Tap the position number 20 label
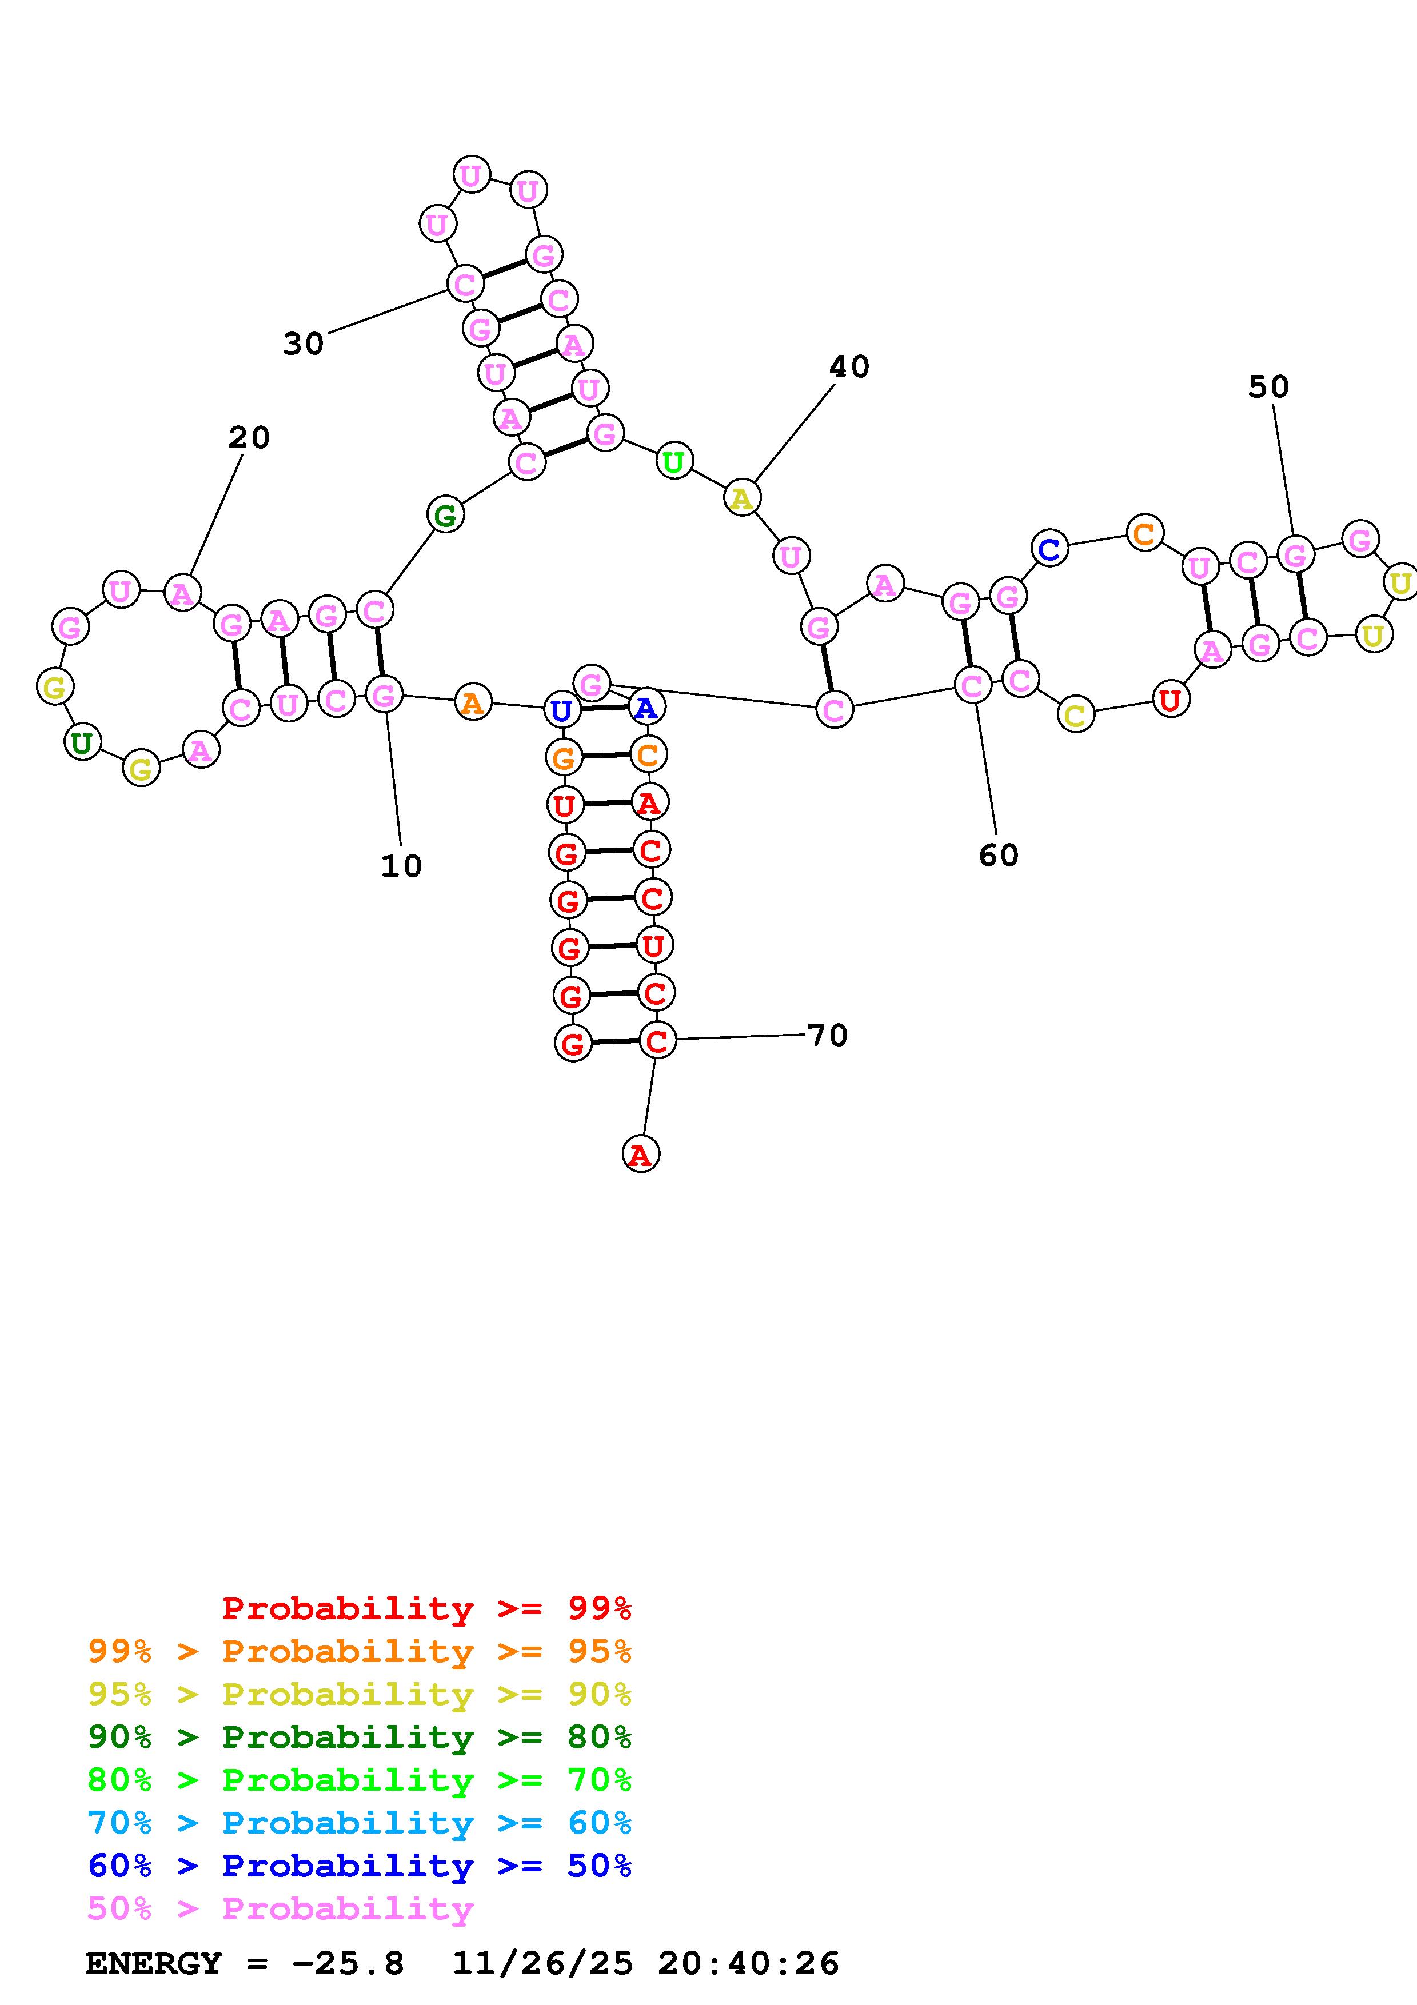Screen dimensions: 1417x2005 pos(249,437)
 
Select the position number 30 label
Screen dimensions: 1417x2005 pos(303,344)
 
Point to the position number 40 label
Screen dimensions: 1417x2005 pos(849,367)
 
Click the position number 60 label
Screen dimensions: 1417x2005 pos(998,855)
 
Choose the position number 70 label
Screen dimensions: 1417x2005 pos(827,1035)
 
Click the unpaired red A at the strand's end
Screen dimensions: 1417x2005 pos(640,1155)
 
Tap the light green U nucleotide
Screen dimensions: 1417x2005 pos(673,461)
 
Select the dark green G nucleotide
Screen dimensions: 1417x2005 pos(445,515)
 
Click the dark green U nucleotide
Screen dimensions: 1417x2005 pos(82,743)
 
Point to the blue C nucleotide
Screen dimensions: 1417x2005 pos(1049,549)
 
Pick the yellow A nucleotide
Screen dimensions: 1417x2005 pos(741,498)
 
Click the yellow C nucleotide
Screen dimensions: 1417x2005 pos(1076,715)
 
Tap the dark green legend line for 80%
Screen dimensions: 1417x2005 pos(360,1738)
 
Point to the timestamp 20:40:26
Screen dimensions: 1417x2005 pos(748,1964)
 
